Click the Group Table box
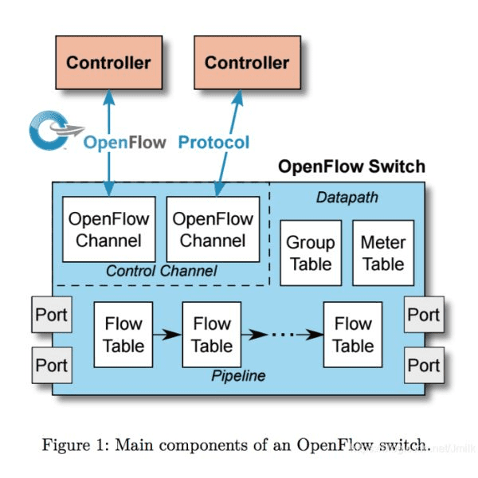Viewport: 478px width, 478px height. point(311,253)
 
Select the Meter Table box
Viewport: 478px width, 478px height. point(383,253)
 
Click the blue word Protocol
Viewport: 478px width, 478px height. point(214,143)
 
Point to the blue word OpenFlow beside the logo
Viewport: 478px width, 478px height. point(125,143)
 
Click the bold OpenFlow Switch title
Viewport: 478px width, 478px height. point(351,167)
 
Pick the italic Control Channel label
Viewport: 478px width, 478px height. point(161,271)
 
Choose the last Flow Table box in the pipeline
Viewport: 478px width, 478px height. point(353,335)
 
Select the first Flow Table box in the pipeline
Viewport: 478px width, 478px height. point(123,335)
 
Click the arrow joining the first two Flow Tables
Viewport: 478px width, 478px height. point(167,335)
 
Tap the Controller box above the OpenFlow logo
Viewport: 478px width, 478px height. point(108,62)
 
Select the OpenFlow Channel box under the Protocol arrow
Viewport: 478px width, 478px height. point(213,229)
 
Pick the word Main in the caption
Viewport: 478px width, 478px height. point(134,445)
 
